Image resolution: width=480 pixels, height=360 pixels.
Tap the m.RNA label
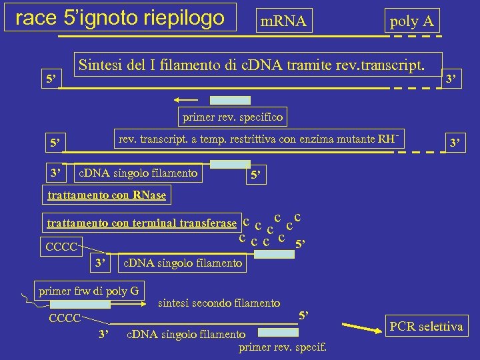pos(283,22)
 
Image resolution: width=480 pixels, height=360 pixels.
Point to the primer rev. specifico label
pos(231,117)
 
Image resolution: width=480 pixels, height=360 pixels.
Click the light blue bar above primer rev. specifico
pos(231,101)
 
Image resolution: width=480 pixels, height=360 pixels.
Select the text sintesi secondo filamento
pos(219,303)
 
